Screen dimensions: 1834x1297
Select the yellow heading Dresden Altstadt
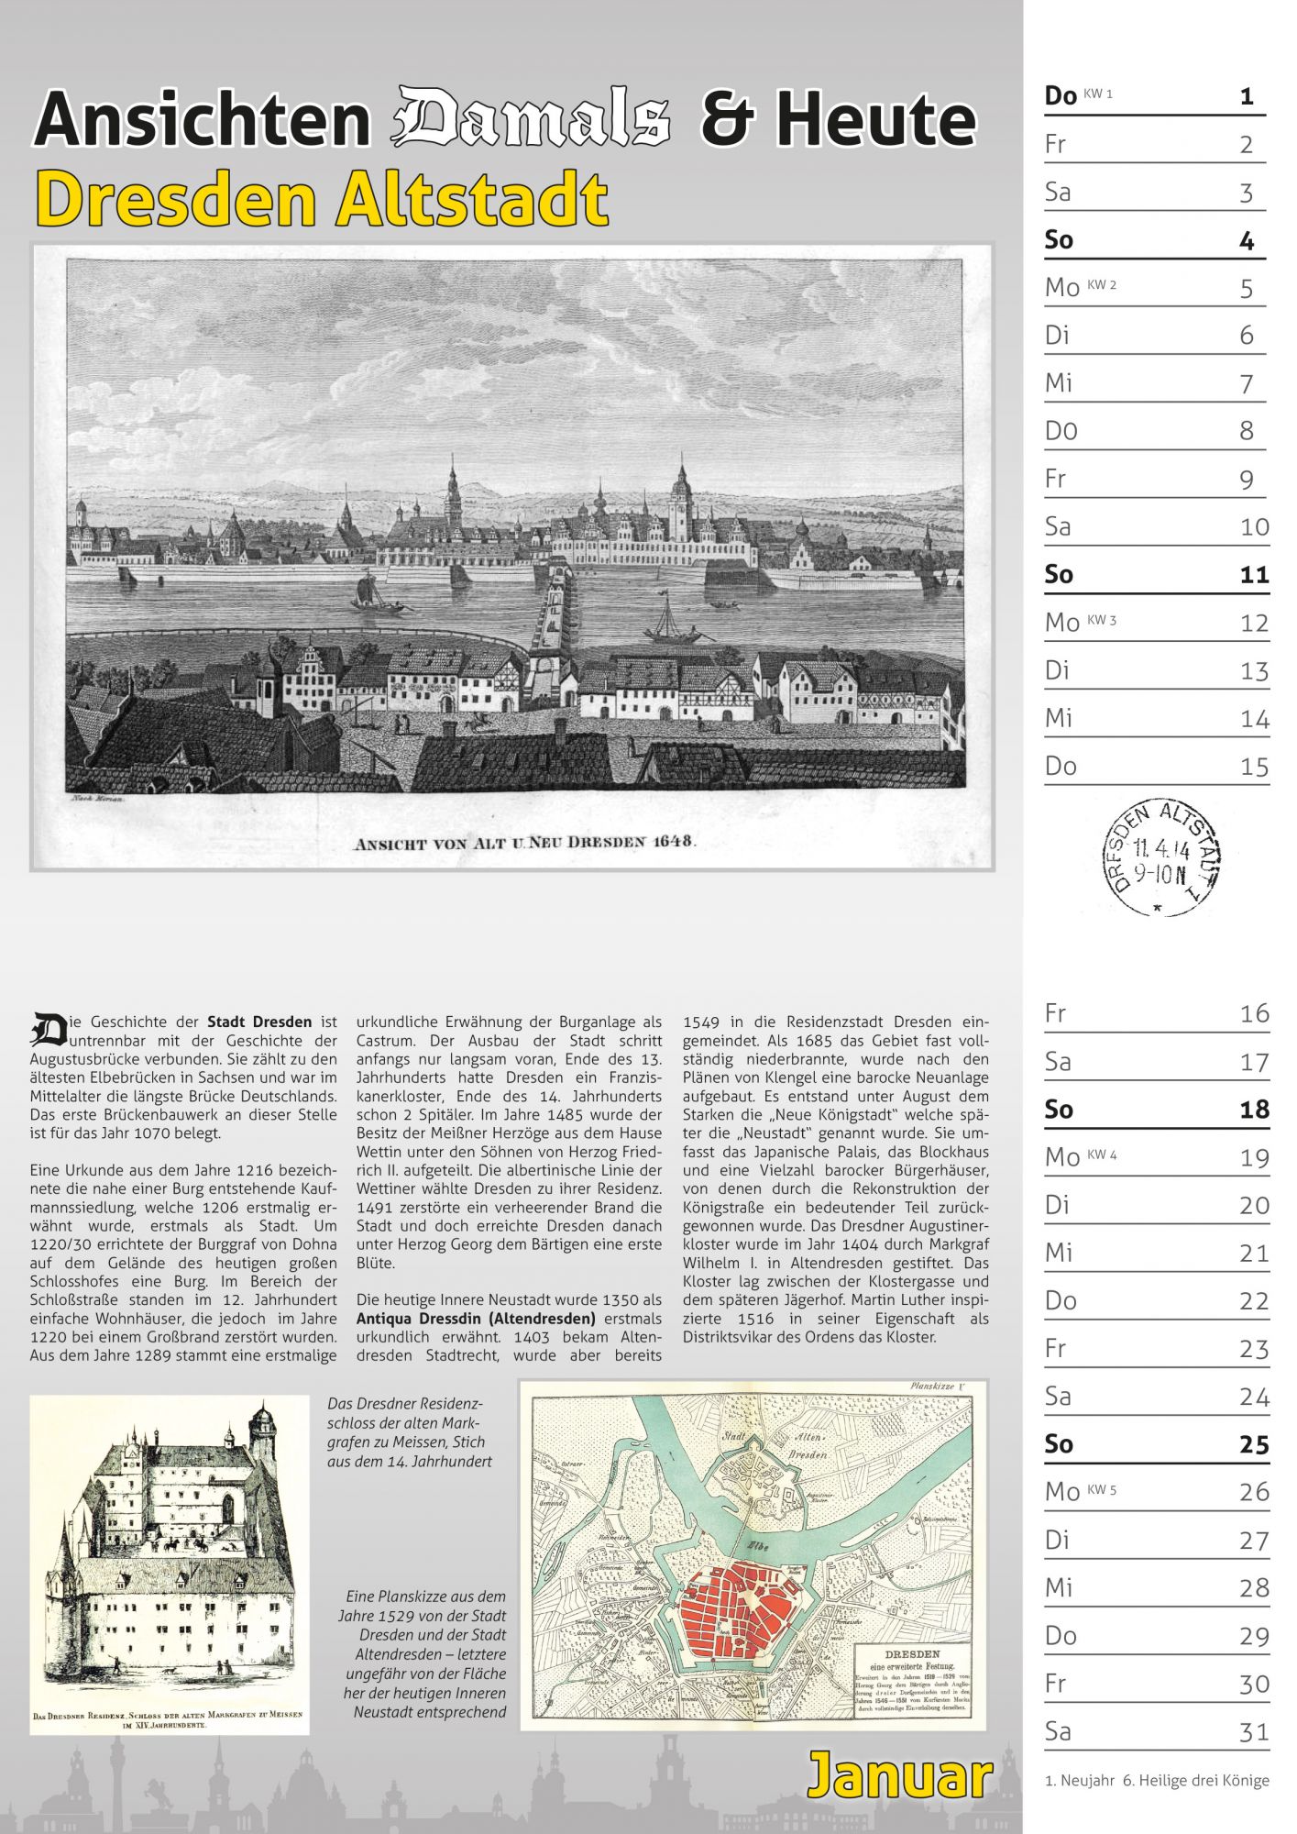[x=321, y=199]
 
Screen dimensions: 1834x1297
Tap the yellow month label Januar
[x=899, y=1774]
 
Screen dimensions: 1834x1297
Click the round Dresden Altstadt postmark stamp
[x=1161, y=856]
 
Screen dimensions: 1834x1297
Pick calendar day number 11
[x=1253, y=575]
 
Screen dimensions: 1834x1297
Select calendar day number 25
[x=1253, y=1444]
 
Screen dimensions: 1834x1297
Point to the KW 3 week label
[x=1102, y=620]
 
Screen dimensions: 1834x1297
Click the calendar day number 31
[x=1253, y=1731]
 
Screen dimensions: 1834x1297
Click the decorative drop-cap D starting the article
[x=48, y=1029]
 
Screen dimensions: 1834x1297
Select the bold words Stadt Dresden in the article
[x=259, y=1022]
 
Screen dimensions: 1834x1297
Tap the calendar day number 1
[x=1246, y=95]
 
